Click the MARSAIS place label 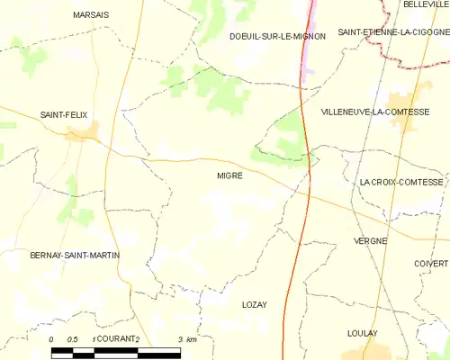click(x=91, y=15)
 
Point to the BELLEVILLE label click(x=426, y=4)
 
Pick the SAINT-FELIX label click(x=62, y=114)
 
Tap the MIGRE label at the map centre click(x=229, y=175)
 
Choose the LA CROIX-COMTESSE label click(x=401, y=182)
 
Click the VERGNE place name click(x=371, y=241)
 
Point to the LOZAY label click(x=255, y=305)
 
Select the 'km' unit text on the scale click(x=191, y=338)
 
